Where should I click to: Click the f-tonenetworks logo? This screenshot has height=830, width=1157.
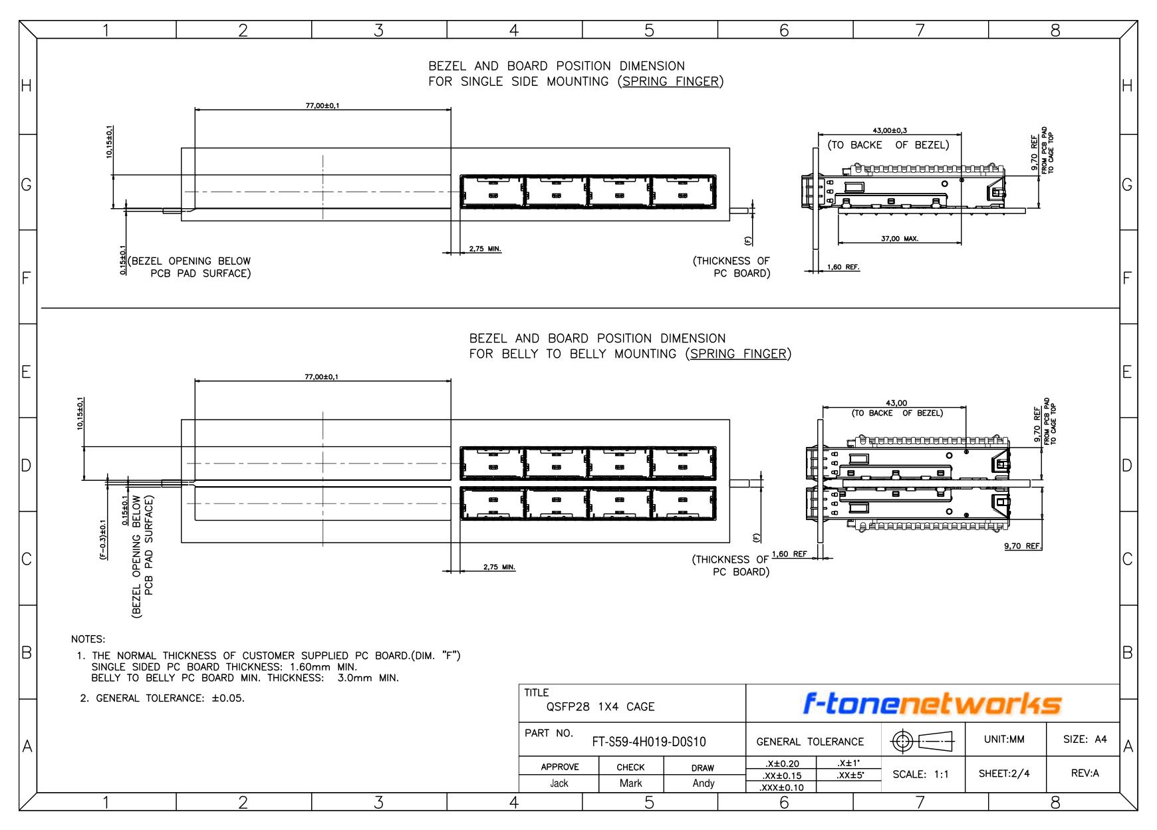tap(932, 704)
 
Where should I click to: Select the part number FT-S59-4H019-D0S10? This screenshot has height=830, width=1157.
tap(649, 742)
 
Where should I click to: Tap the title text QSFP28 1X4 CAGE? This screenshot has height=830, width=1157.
tap(600, 706)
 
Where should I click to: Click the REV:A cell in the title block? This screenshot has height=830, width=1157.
tap(1085, 773)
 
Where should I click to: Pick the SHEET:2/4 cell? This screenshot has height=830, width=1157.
tap(1004, 773)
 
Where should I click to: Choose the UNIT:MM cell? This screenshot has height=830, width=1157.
tap(1004, 739)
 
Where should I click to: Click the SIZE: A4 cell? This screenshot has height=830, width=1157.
tap(1085, 739)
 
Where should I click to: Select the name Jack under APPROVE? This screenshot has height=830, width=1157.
tap(559, 783)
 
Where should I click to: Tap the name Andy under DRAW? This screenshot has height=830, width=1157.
tap(704, 783)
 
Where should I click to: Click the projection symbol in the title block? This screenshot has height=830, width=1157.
tap(922, 740)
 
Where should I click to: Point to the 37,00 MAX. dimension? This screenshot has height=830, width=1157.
tap(900, 239)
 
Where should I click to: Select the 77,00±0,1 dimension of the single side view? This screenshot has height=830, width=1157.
tap(322, 106)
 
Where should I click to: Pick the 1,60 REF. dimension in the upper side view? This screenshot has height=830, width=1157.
tap(843, 267)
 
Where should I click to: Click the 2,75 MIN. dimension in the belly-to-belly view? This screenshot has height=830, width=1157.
tap(499, 567)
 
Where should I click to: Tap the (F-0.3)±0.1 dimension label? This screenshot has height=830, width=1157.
tap(103, 540)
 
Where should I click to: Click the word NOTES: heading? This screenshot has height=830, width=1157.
tap(88, 640)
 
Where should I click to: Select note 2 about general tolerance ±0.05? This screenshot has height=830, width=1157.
tap(162, 698)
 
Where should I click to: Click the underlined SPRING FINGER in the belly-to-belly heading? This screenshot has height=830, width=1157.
tap(738, 354)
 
